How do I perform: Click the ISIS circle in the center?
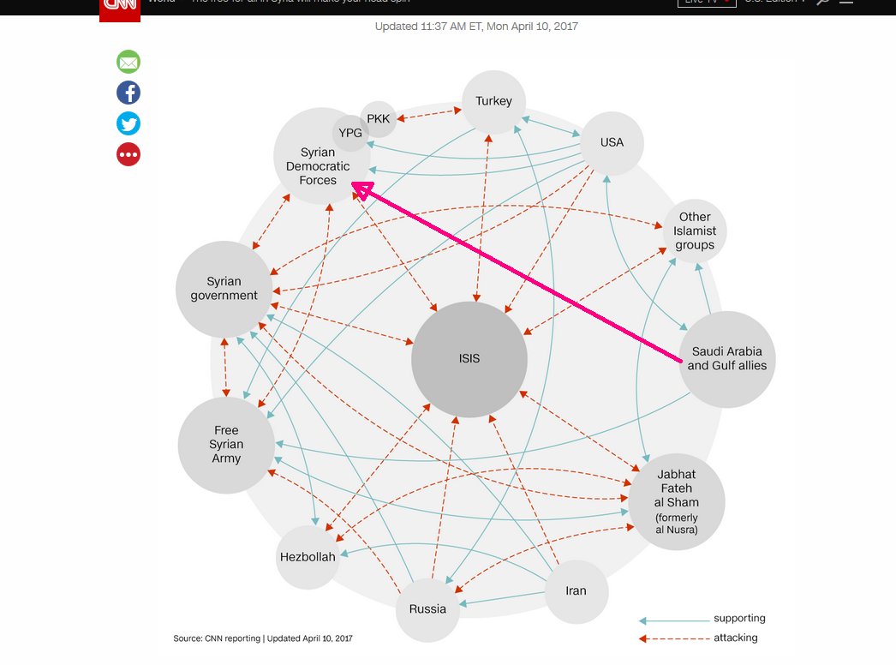[469, 359]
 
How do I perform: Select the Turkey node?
[493, 101]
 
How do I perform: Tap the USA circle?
[612, 142]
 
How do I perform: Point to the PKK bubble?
[378, 118]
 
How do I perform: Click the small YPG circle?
[350, 133]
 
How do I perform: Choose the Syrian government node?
[224, 289]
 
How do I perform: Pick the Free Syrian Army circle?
[226, 445]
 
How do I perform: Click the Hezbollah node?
[308, 557]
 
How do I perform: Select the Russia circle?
[427, 609]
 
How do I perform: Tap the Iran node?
[576, 591]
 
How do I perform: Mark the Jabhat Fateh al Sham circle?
[677, 501]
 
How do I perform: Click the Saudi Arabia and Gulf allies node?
[726, 358]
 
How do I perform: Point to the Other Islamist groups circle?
[694, 231]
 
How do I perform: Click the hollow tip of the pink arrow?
[362, 190]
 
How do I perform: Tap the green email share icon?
[128, 62]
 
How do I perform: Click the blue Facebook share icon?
[128, 93]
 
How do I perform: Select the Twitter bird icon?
[128, 123]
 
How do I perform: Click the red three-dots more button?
[128, 154]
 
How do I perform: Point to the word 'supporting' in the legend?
[739, 618]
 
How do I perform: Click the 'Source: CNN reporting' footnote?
[262, 638]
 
